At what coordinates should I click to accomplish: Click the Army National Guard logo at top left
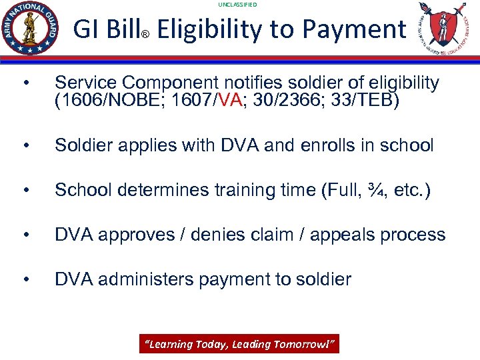tap(31, 28)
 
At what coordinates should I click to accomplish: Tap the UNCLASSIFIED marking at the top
tap(237, 5)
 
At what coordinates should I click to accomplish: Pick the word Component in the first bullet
tap(175, 83)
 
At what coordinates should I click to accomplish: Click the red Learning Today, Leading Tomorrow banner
tap(239, 344)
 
